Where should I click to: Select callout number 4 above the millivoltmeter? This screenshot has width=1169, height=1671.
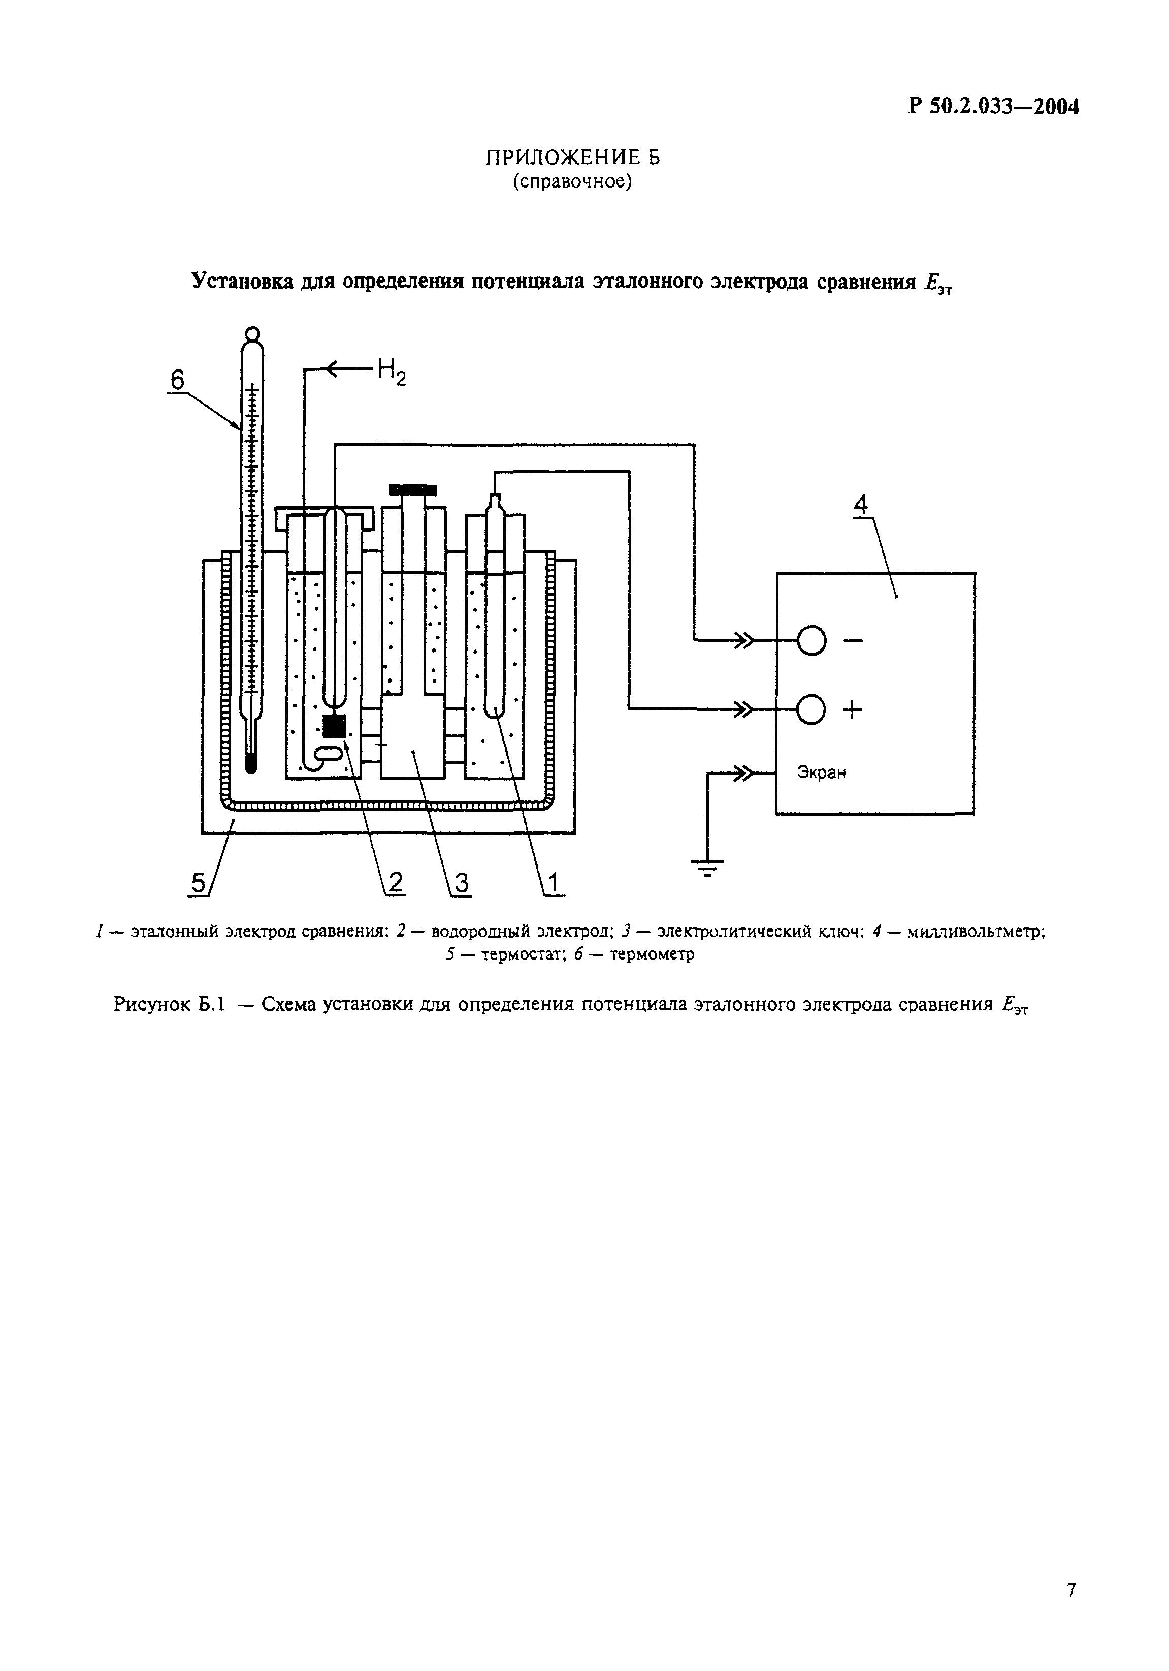click(x=861, y=504)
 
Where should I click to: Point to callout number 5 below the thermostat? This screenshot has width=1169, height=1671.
click(x=197, y=883)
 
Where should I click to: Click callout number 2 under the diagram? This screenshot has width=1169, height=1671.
click(x=395, y=882)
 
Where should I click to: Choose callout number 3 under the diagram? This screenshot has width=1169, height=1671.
click(x=461, y=882)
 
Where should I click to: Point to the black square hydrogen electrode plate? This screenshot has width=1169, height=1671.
click(x=334, y=726)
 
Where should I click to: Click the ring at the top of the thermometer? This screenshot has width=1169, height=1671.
click(x=252, y=334)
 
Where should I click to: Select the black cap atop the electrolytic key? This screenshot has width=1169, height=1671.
click(x=413, y=489)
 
